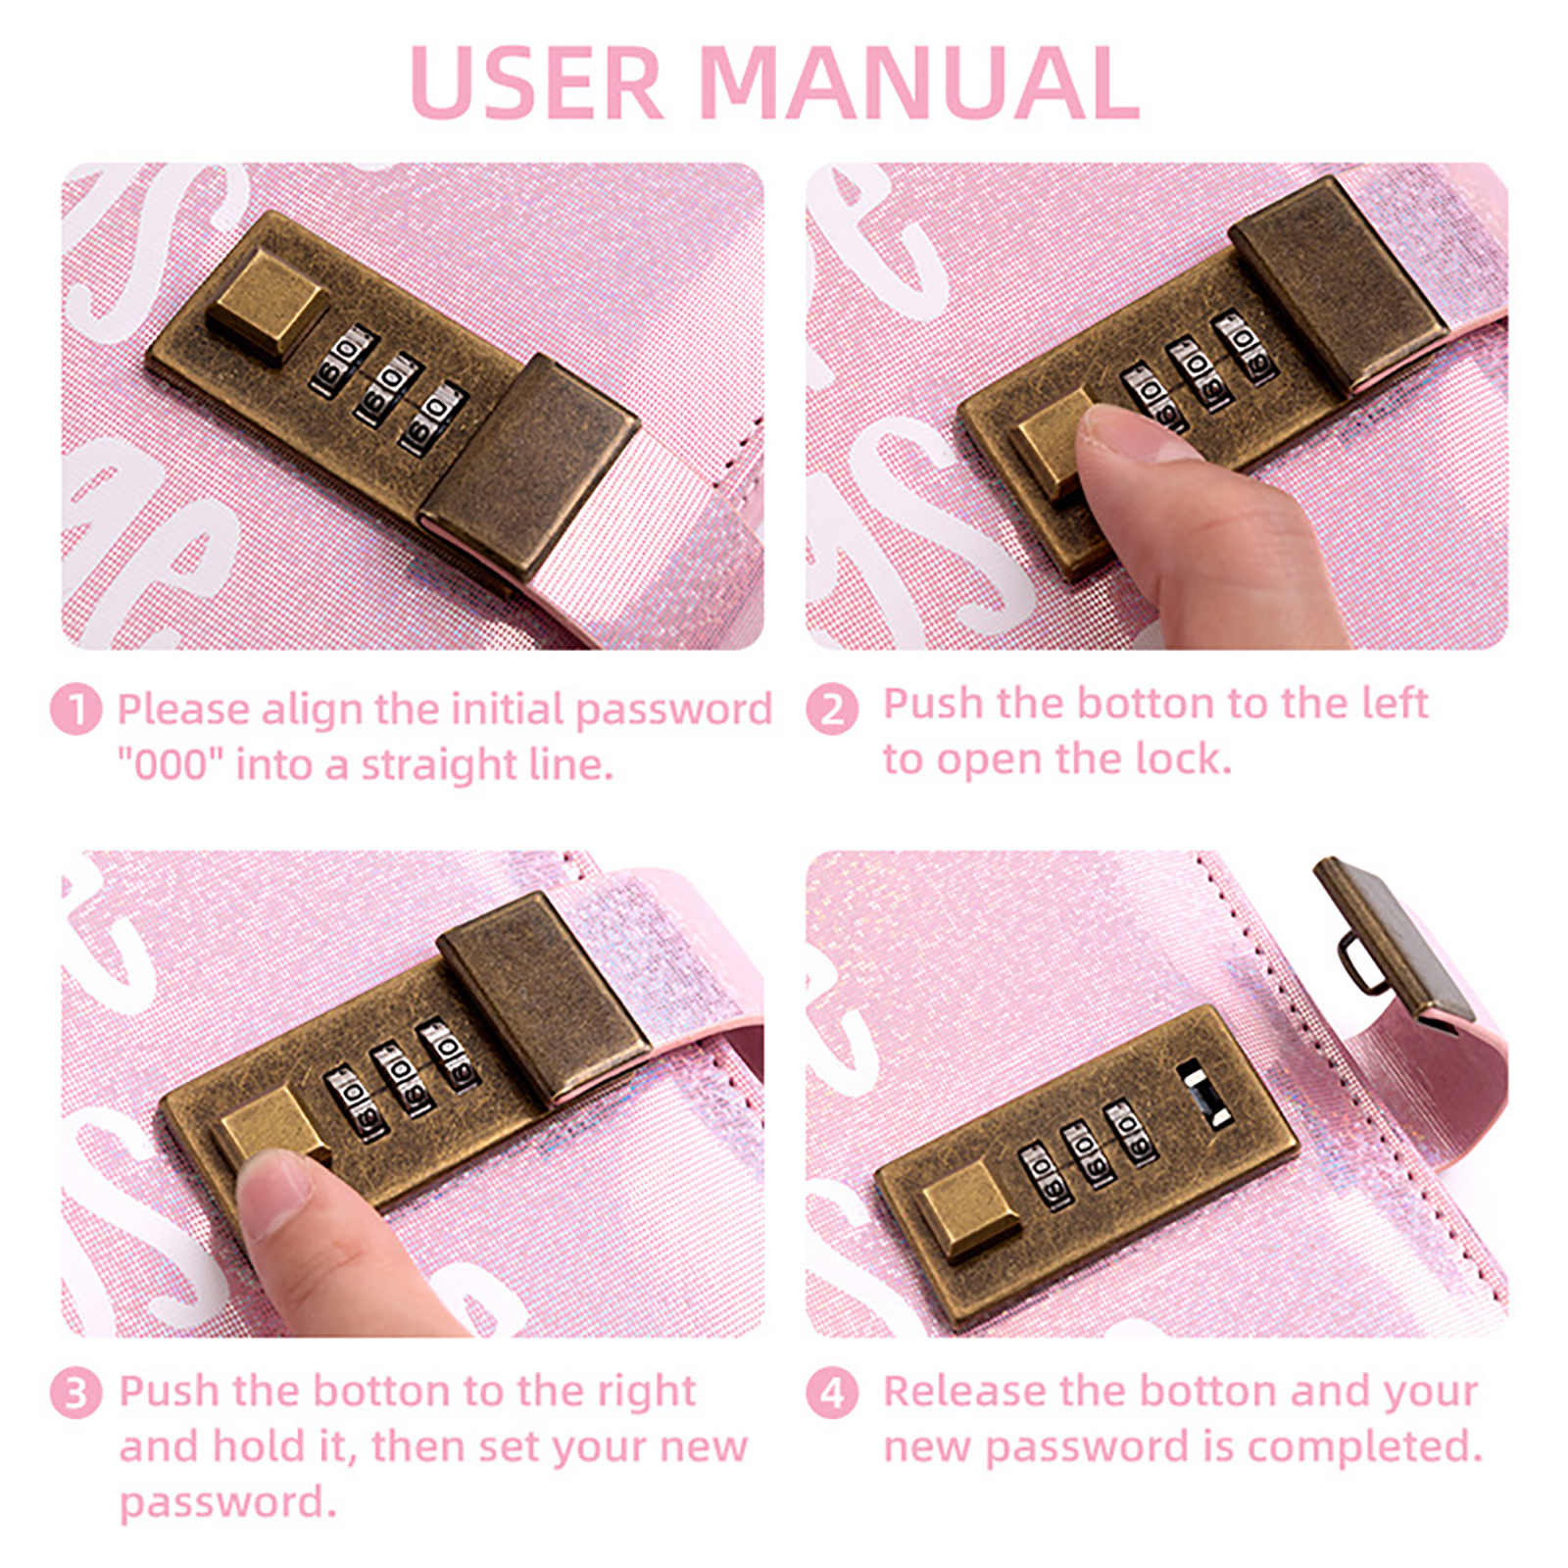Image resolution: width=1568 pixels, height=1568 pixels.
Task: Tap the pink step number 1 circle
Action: (75, 709)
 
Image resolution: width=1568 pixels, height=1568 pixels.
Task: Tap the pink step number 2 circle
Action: (832, 709)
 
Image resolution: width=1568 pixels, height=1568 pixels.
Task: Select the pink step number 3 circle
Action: (75, 1393)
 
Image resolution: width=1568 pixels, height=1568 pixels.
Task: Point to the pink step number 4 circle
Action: (832, 1393)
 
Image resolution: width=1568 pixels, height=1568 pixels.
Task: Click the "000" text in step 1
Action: (171, 763)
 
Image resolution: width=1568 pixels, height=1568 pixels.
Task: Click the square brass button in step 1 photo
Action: (267, 303)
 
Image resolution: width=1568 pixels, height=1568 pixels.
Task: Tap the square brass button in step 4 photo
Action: (971, 1211)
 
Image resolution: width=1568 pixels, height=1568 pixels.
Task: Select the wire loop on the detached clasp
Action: (1358, 964)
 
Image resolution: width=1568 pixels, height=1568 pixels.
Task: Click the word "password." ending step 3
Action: (227, 1503)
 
